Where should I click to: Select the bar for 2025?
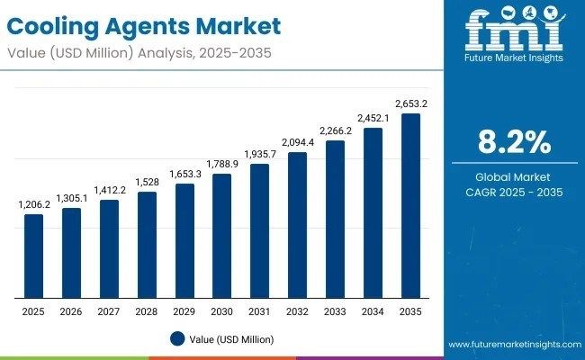pos(33,256)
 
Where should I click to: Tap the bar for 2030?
pos(221,236)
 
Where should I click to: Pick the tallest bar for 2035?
pos(410,206)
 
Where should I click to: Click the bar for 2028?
pos(147,245)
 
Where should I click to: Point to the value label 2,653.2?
pos(410,104)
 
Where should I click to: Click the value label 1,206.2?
pos(33,205)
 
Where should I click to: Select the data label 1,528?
pos(147,183)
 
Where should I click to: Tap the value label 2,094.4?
pos(297,143)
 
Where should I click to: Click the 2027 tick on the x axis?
pos(109,311)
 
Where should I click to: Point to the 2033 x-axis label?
pos(335,311)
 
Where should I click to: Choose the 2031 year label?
pos(259,311)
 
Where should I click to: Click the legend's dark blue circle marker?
pos(177,339)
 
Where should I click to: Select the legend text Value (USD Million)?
pos(232,339)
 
